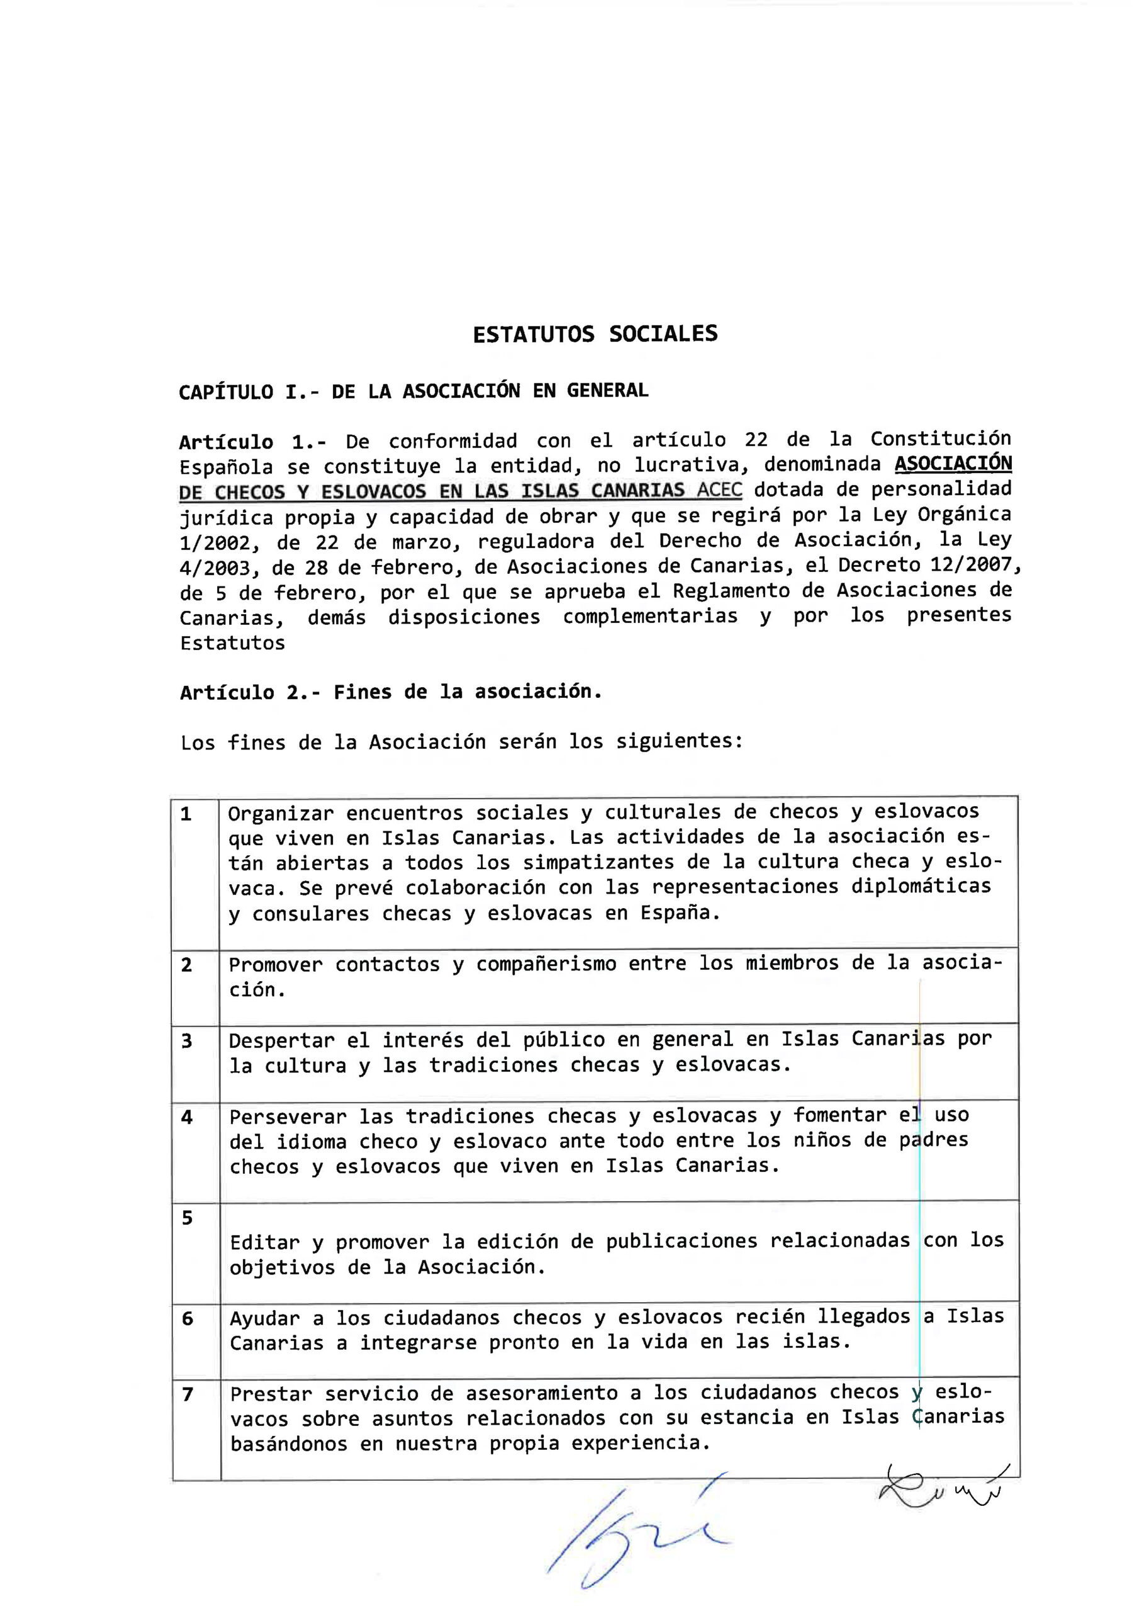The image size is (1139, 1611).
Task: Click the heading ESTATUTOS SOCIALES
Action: pyautogui.click(x=595, y=334)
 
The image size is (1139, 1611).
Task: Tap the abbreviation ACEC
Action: pyautogui.click(x=719, y=490)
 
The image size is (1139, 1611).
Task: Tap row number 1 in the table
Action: pyautogui.click(x=186, y=814)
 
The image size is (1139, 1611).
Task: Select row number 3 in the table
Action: pyautogui.click(x=187, y=1041)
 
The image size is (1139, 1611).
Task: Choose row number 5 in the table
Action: pyautogui.click(x=187, y=1218)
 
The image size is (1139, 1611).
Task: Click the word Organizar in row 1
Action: pyautogui.click(x=280, y=814)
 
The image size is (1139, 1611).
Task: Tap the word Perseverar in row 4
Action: pyautogui.click(x=288, y=1116)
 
